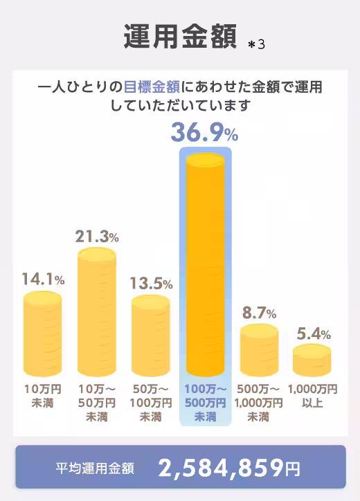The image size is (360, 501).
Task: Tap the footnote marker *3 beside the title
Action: click(x=257, y=44)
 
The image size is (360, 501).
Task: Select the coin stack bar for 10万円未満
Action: click(x=43, y=334)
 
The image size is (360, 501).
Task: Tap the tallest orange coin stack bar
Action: click(x=206, y=263)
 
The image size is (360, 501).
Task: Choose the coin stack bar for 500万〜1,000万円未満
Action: click(x=259, y=349)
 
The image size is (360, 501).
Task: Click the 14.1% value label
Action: click(x=43, y=280)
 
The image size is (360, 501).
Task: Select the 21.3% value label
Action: click(x=97, y=235)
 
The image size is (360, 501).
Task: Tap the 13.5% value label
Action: click(x=151, y=284)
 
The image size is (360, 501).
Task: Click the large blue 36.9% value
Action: click(x=204, y=131)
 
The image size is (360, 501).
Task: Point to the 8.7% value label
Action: click(x=259, y=313)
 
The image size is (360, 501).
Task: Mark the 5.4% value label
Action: click(x=312, y=334)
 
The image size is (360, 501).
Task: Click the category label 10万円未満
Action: click(x=43, y=394)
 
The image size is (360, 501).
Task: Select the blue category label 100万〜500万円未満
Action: click(x=206, y=402)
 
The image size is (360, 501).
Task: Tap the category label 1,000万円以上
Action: click(x=313, y=394)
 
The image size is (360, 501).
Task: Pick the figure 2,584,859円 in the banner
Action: click(x=229, y=468)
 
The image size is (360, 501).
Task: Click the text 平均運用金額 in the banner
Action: click(x=95, y=468)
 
